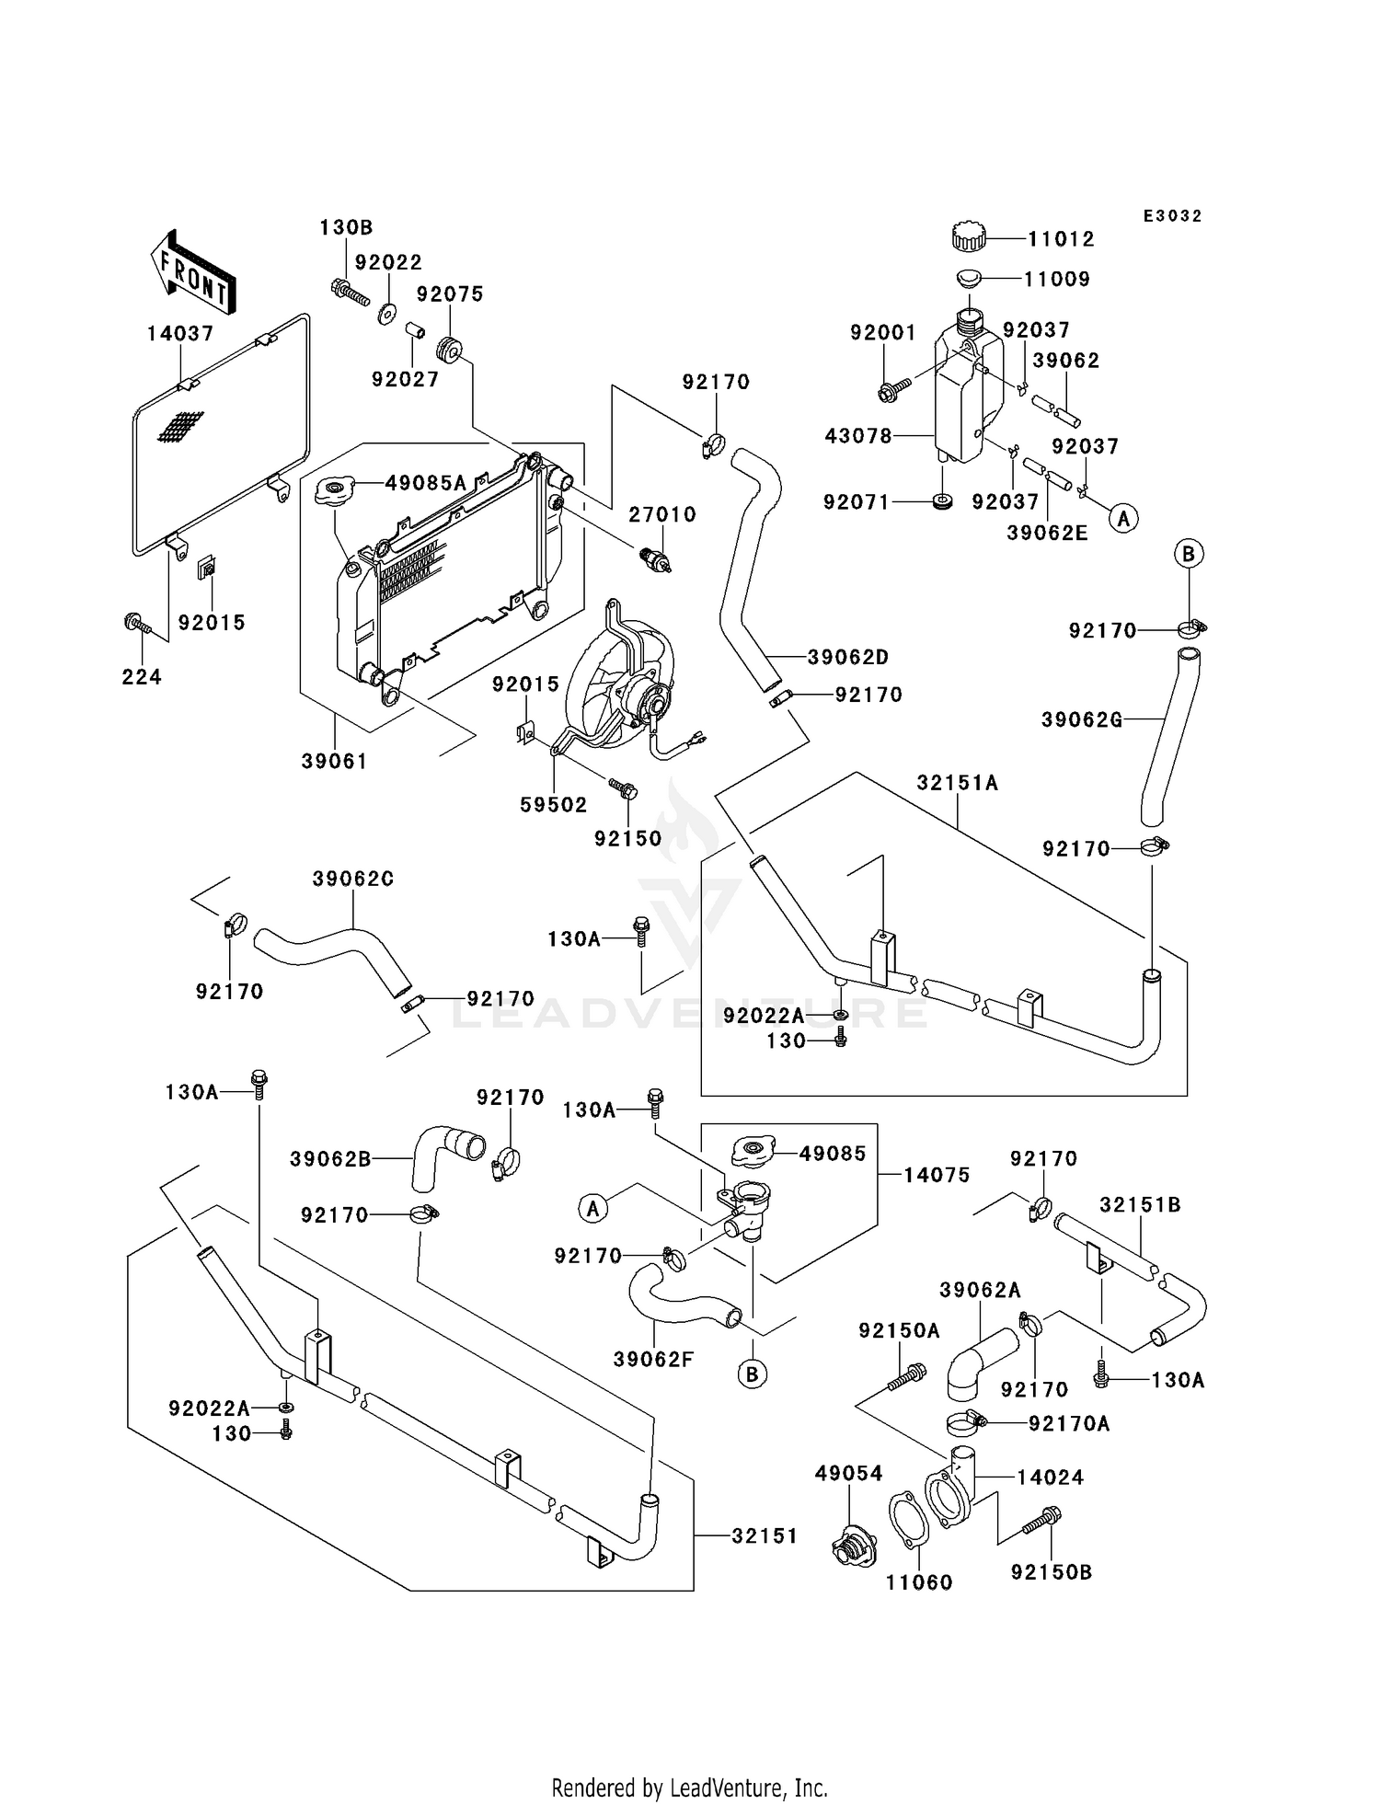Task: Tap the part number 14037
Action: click(x=180, y=334)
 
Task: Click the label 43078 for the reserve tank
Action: click(x=858, y=436)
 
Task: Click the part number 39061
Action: click(x=334, y=762)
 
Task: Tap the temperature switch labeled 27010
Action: click(x=656, y=560)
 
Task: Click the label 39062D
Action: click(x=848, y=658)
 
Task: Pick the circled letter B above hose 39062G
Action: click(x=1189, y=554)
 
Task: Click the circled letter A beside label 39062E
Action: click(x=1122, y=519)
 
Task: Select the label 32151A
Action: click(x=957, y=783)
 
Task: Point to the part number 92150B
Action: click(x=1052, y=1572)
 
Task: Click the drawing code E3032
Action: click(x=1173, y=216)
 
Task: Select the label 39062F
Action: click(x=655, y=1359)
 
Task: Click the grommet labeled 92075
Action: click(x=449, y=350)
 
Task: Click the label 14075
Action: click(x=937, y=1175)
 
